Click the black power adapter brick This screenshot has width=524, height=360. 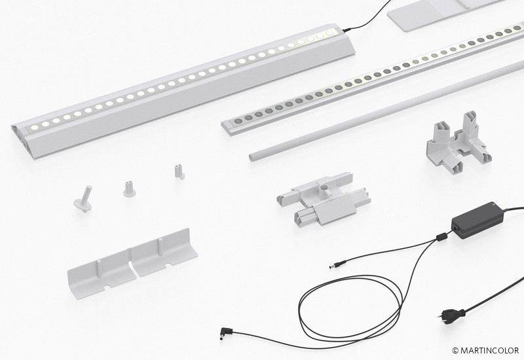pyautogui.click(x=477, y=220)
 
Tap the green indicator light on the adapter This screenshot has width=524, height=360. pyautogui.click(x=492, y=204)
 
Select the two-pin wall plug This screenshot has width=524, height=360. pyautogui.click(x=451, y=314)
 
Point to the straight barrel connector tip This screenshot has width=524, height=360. pyautogui.click(x=334, y=266)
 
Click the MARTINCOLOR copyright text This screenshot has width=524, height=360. pyautogui.click(x=485, y=350)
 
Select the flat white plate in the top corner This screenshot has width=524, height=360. pyautogui.click(x=434, y=13)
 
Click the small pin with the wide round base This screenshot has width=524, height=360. pyautogui.click(x=83, y=200)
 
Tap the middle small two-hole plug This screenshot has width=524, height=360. pyautogui.click(x=129, y=189)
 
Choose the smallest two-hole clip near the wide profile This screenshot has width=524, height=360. pyautogui.click(x=179, y=172)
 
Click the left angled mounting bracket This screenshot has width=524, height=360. pyautogui.click(x=102, y=274)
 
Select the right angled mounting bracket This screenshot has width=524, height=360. pyautogui.click(x=164, y=252)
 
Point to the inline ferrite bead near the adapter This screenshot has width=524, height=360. pyautogui.click(x=441, y=236)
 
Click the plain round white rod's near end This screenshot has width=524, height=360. pyautogui.click(x=253, y=156)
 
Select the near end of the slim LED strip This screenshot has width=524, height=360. pyautogui.click(x=228, y=126)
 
